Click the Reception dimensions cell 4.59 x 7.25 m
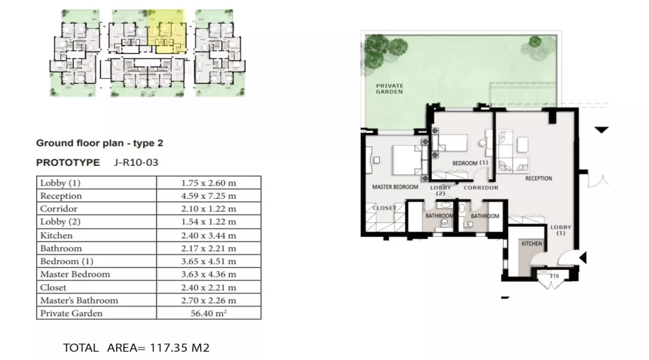[x=209, y=196]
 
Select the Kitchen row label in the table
[x=56, y=235]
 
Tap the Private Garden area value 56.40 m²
[x=209, y=313]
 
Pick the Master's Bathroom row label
[x=79, y=300]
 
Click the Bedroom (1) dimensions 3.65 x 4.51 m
[x=209, y=261]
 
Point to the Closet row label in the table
[x=53, y=288]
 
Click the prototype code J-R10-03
[x=136, y=162]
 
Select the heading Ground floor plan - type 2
[x=100, y=143]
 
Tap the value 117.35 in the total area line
[x=169, y=348]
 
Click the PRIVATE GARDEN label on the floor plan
[x=389, y=89]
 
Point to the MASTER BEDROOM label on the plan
[x=395, y=187]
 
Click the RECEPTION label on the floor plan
[x=538, y=179]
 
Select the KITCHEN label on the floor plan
[x=532, y=244]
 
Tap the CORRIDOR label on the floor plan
[x=481, y=188]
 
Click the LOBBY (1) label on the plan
[x=561, y=230]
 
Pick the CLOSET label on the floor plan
[x=384, y=208]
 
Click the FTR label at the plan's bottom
[x=555, y=277]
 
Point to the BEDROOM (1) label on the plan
[x=470, y=163]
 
